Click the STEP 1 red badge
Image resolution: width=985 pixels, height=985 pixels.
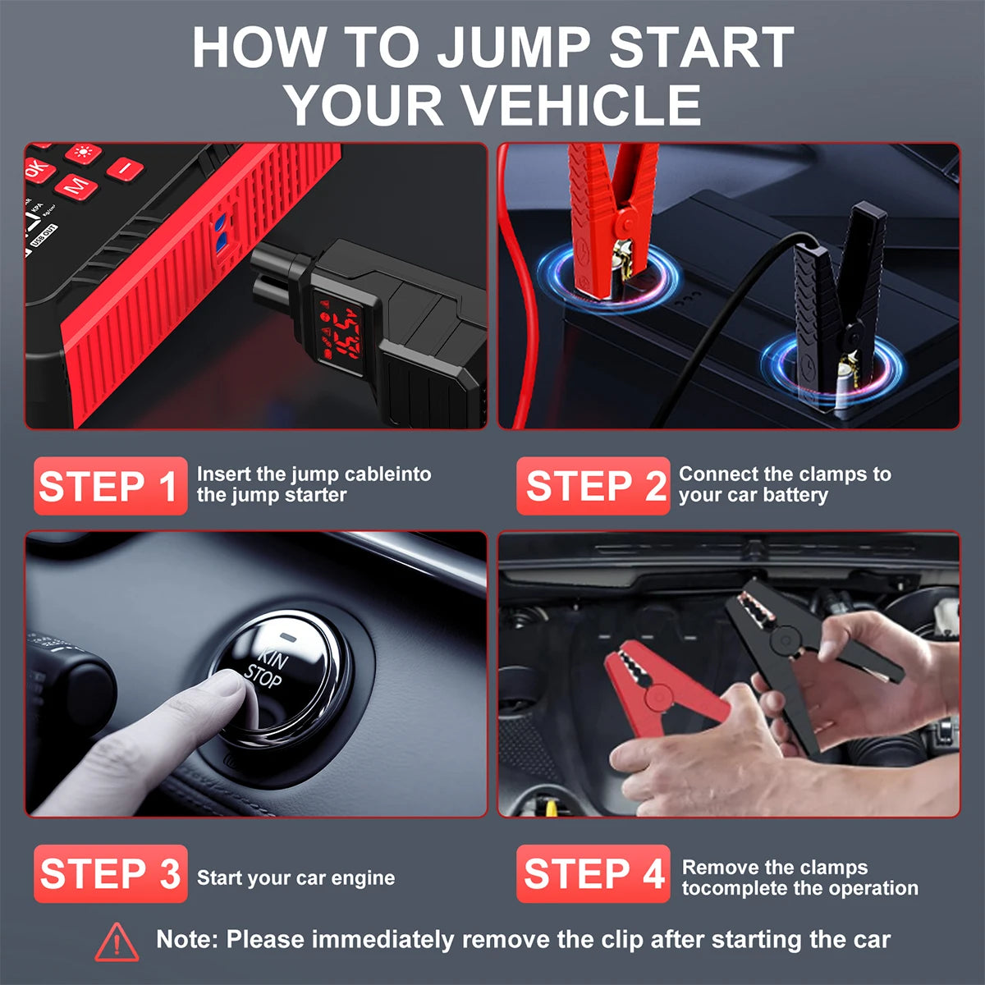[x=110, y=486]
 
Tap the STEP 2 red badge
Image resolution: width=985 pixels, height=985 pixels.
[x=593, y=486]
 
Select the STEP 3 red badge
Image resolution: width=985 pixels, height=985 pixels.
[x=110, y=873]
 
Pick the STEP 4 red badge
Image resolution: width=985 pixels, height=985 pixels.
[x=593, y=873]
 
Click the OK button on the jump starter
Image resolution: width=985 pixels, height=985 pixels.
[x=36, y=170]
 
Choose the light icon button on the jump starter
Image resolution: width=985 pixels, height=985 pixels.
[x=83, y=153]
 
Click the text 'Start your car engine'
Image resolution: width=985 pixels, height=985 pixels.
[x=295, y=877]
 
